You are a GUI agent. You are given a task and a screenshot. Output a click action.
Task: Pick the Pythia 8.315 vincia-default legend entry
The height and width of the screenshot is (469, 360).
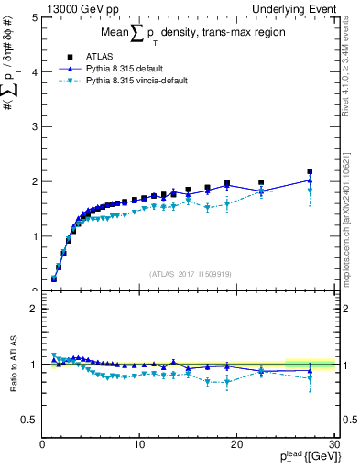[x=137, y=80]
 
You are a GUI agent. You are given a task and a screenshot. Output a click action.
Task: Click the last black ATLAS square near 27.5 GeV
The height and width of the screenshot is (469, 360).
[x=310, y=171]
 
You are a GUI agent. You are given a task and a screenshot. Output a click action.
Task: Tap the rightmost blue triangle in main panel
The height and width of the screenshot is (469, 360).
[x=310, y=180]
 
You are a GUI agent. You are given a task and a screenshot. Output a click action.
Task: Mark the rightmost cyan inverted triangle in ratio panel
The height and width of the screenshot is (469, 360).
[x=310, y=378]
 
